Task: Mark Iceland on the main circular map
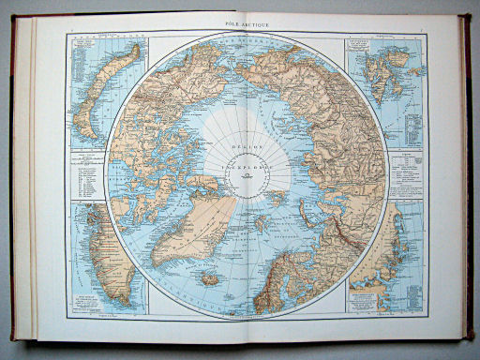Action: pyautogui.click(x=212, y=278)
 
